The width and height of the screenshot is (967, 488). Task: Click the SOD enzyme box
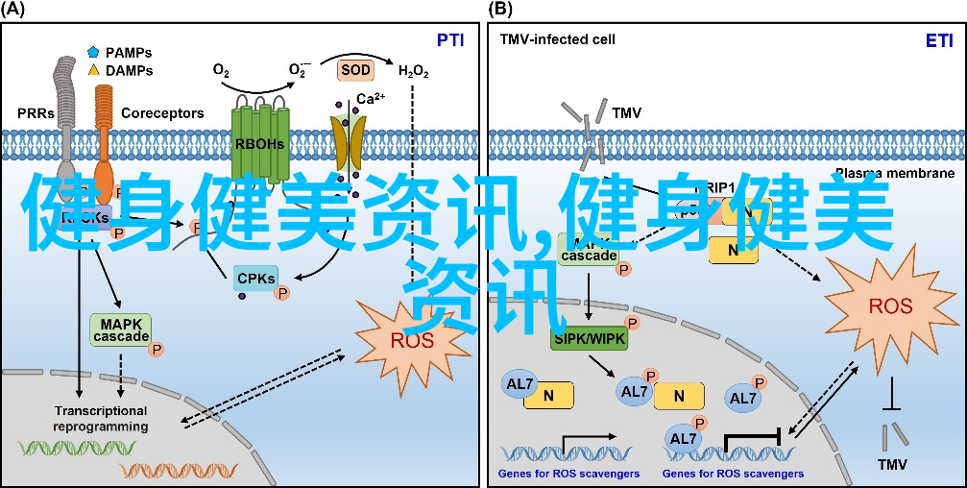click(x=353, y=70)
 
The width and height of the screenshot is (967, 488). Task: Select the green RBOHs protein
click(x=260, y=144)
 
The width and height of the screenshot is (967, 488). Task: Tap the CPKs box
click(x=255, y=279)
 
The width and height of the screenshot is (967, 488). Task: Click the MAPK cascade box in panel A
click(x=121, y=329)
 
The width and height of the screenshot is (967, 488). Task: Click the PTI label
click(x=450, y=40)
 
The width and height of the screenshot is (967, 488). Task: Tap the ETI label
click(x=938, y=40)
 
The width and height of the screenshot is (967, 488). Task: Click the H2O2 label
click(x=413, y=72)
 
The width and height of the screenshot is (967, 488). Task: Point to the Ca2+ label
click(x=371, y=99)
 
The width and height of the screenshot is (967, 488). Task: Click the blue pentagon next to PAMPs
click(x=93, y=52)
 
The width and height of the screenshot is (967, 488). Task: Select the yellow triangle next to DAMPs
click(x=93, y=70)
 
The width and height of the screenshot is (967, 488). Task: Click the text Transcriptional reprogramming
click(x=101, y=419)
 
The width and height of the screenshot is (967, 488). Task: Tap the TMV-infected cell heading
click(x=557, y=40)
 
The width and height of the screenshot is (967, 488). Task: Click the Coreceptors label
click(x=162, y=113)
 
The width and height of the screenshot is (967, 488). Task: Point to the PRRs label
click(x=36, y=113)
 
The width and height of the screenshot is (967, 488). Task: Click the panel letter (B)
click(x=500, y=10)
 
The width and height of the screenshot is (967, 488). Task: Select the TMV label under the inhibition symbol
click(x=892, y=463)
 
